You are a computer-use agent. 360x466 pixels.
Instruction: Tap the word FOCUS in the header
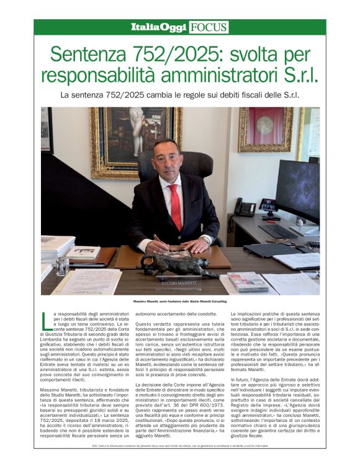pos(209,27)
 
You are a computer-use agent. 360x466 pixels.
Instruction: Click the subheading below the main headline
pos(179,96)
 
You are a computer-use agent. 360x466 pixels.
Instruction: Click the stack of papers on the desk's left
pos(58,248)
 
